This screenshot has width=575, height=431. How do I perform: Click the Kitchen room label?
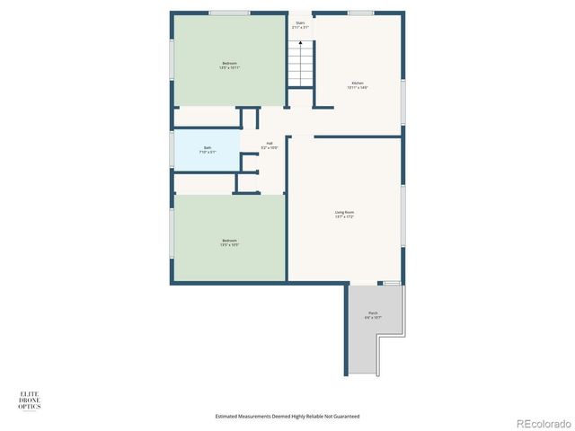358,84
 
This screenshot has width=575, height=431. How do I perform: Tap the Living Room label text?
345,212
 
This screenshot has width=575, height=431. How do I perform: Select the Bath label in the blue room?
208,147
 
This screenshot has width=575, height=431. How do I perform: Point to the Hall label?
270,143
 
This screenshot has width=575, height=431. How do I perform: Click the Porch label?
373,312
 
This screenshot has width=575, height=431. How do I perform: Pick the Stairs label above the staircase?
299,23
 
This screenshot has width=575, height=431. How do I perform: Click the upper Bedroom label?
229,63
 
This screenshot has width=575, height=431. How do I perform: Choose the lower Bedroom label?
229,240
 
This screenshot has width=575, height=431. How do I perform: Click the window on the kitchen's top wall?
360,13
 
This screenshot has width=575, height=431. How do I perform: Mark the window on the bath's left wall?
172,147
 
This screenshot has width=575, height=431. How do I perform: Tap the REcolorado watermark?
542,422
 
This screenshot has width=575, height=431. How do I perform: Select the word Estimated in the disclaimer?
229,416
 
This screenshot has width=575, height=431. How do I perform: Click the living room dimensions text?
345,216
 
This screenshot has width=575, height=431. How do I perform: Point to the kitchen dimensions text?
358,88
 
